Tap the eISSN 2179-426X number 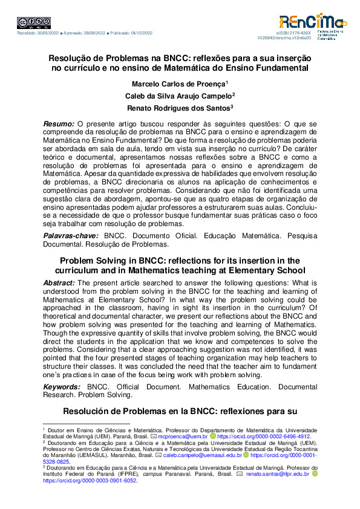[294, 31]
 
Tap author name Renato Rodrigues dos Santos [180, 108]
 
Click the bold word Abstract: [60, 283]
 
